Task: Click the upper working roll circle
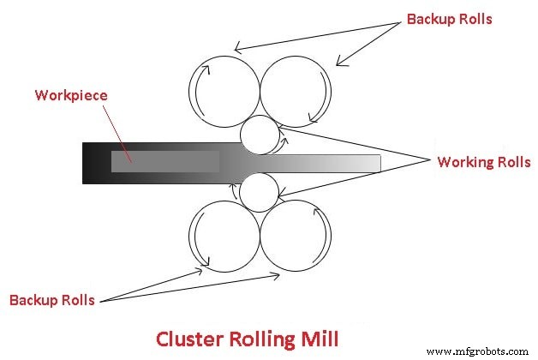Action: (x=258, y=135)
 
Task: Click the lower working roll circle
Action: (x=258, y=191)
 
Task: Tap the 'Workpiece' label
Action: (x=71, y=94)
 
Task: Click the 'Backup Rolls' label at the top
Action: (x=450, y=19)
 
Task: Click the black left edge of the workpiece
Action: (x=87, y=163)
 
